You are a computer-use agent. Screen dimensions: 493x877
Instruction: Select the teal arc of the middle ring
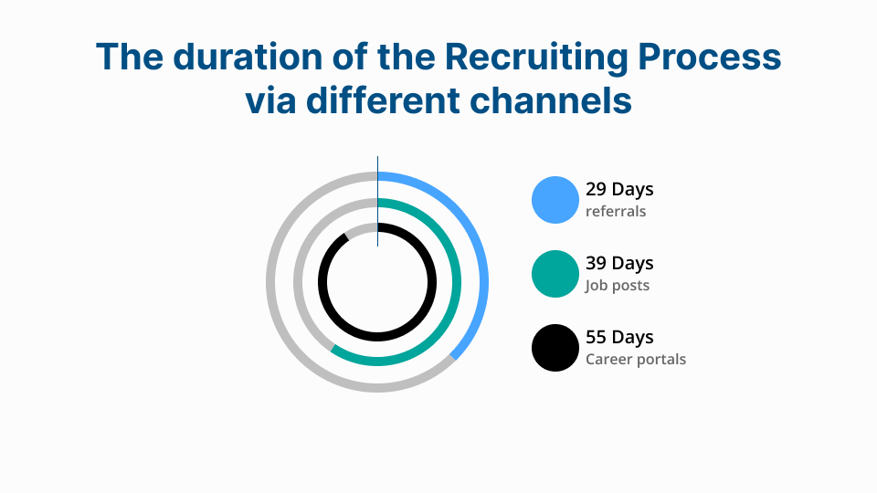pyautogui.click(x=456, y=282)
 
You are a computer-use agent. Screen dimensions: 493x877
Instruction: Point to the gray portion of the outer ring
pyautogui.click(x=271, y=282)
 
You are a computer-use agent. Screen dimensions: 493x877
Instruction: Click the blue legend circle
pyautogui.click(x=555, y=200)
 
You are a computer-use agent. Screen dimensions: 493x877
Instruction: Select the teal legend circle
pyautogui.click(x=555, y=274)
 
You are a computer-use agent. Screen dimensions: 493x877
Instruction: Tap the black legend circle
pyautogui.click(x=555, y=348)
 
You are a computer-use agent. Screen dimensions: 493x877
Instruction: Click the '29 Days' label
pyautogui.click(x=619, y=190)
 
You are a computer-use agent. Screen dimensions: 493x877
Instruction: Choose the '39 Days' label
pyautogui.click(x=619, y=264)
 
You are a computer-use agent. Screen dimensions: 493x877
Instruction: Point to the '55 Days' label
pyautogui.click(x=619, y=338)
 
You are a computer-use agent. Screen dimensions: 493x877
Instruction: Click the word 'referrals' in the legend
pyautogui.click(x=616, y=212)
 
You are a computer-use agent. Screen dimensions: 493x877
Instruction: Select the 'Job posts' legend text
pyautogui.click(x=618, y=286)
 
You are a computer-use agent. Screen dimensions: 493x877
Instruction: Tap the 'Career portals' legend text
pyautogui.click(x=636, y=360)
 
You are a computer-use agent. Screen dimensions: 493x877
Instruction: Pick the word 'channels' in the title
pyautogui.click(x=551, y=100)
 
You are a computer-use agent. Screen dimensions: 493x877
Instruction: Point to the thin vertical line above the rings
pyautogui.click(x=377, y=164)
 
